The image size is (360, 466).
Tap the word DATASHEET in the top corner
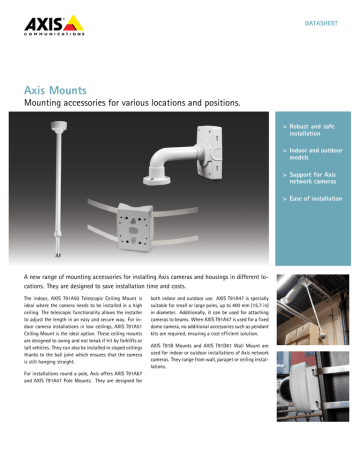(x=316, y=19)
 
